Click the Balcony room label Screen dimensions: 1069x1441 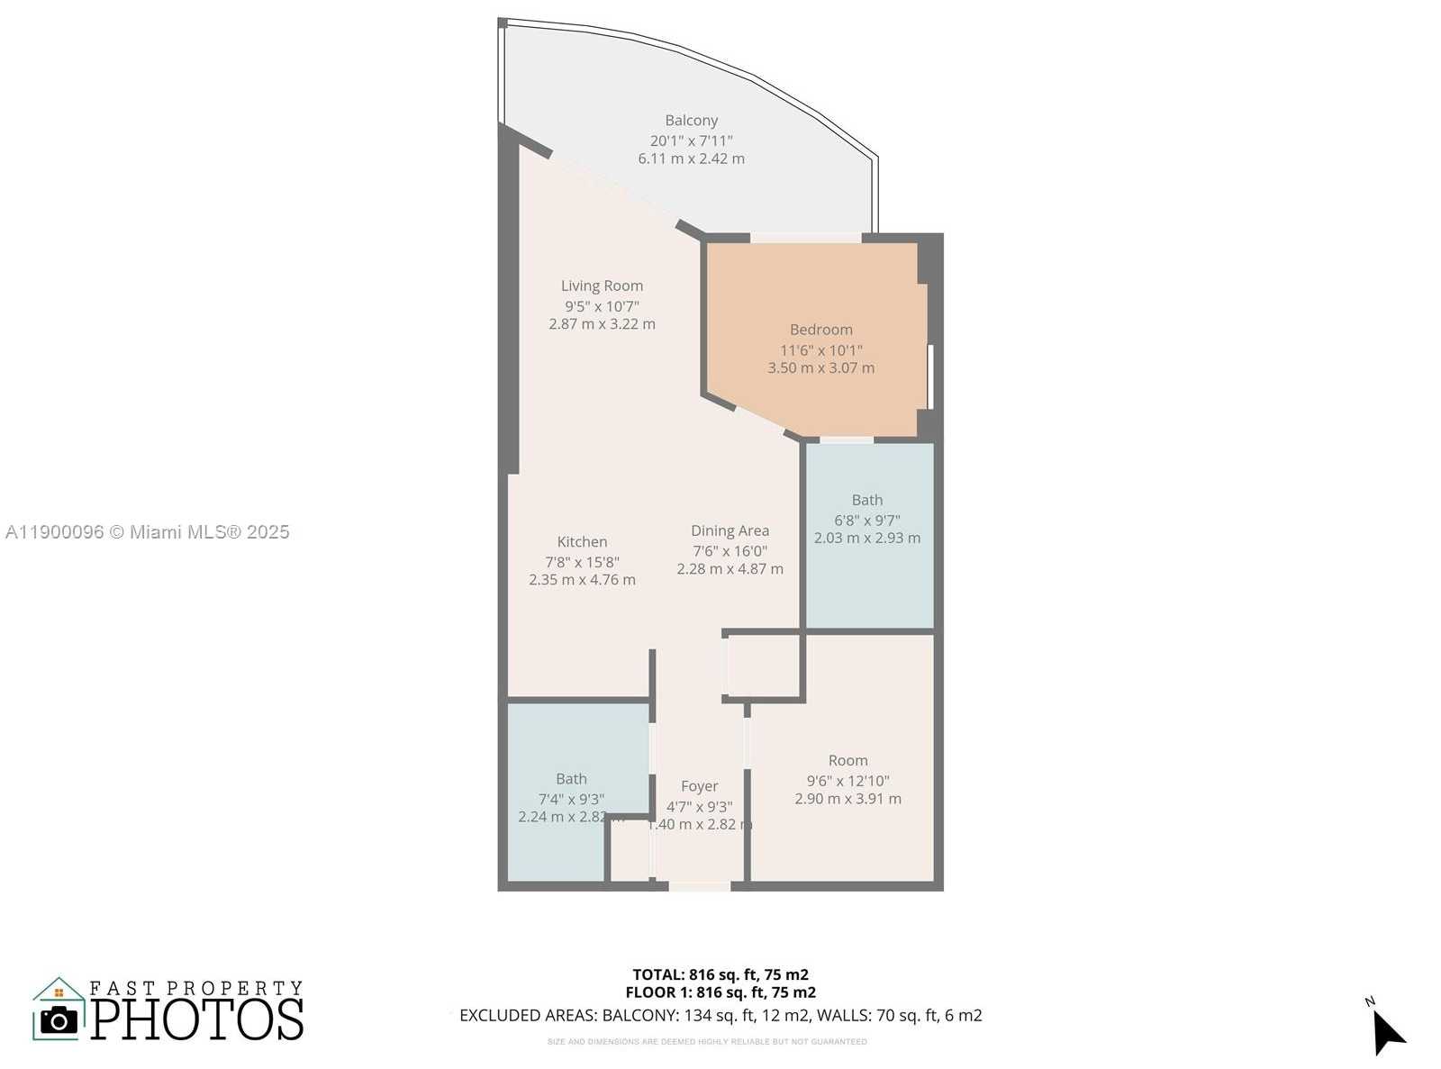click(x=691, y=121)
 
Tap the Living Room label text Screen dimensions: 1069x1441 click(x=602, y=285)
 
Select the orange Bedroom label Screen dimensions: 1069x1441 click(x=820, y=330)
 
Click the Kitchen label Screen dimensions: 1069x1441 click(x=582, y=541)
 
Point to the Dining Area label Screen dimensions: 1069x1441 click(x=730, y=530)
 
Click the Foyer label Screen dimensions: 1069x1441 click(x=699, y=786)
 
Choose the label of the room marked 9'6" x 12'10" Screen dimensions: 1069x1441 click(x=847, y=760)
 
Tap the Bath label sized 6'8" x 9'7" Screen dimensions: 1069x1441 click(x=866, y=500)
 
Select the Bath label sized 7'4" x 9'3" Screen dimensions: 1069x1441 click(x=571, y=779)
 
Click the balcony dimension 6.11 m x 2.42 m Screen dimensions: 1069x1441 click(x=691, y=159)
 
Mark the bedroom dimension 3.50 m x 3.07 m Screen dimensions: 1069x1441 click(x=820, y=367)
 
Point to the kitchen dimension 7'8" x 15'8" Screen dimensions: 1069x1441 click(x=582, y=561)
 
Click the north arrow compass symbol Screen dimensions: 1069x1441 click(x=1387, y=1031)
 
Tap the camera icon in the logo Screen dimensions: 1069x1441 click(x=59, y=1020)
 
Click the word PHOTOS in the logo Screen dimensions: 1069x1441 click(x=196, y=1019)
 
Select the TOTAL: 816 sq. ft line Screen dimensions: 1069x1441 click(x=720, y=974)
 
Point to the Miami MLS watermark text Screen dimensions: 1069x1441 click(x=147, y=532)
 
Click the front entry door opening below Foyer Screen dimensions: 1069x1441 click(x=699, y=887)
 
